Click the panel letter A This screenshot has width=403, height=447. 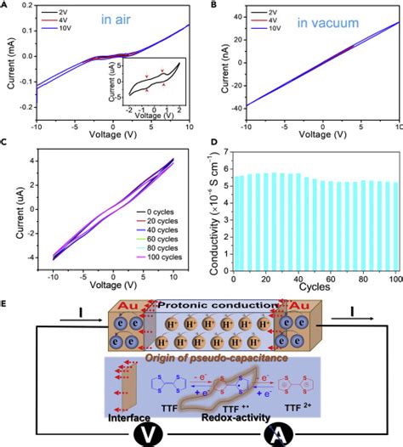tap(5, 4)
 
